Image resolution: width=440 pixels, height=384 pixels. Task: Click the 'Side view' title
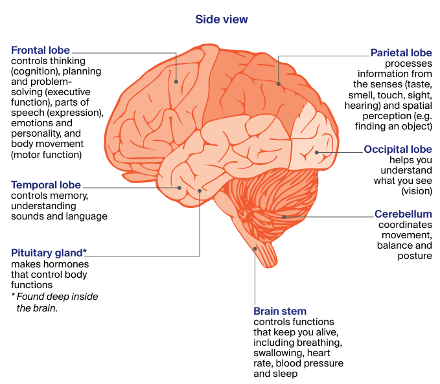pos(221,19)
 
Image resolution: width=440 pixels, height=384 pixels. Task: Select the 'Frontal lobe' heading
pos(40,51)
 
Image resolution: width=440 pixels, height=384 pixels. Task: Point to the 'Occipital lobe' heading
pos(397,150)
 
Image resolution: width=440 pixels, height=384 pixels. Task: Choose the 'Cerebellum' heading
pos(403,214)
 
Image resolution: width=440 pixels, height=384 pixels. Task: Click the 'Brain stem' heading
pos(280,311)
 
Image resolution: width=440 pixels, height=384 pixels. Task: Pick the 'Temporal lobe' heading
pos(44,185)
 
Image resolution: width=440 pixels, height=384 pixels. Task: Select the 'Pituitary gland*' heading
pos(49,253)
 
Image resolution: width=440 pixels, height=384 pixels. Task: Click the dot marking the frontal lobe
pos(176,82)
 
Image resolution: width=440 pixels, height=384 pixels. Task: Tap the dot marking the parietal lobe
pos(279,83)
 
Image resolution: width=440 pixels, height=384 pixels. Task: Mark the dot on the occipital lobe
pos(317,152)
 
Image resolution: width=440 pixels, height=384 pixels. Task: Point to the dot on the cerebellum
pos(284,216)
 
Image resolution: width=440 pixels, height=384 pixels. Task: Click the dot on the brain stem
pos(255,248)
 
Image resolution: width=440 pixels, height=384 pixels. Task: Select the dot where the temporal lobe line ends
pos(179,188)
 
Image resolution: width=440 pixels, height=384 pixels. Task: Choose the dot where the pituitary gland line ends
pos(200,191)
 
